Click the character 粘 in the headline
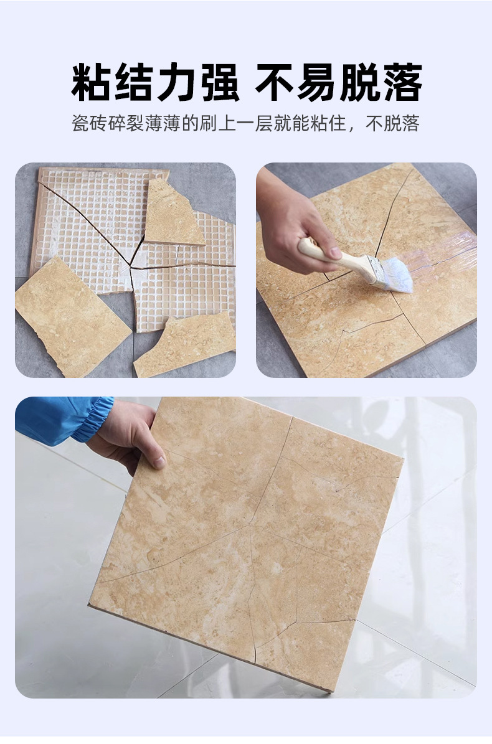pyautogui.click(x=92, y=82)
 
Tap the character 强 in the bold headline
pyautogui.click(x=219, y=82)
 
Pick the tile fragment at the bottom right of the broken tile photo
pyautogui.click(x=187, y=346)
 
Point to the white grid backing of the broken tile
pyautogui.click(x=93, y=212)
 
